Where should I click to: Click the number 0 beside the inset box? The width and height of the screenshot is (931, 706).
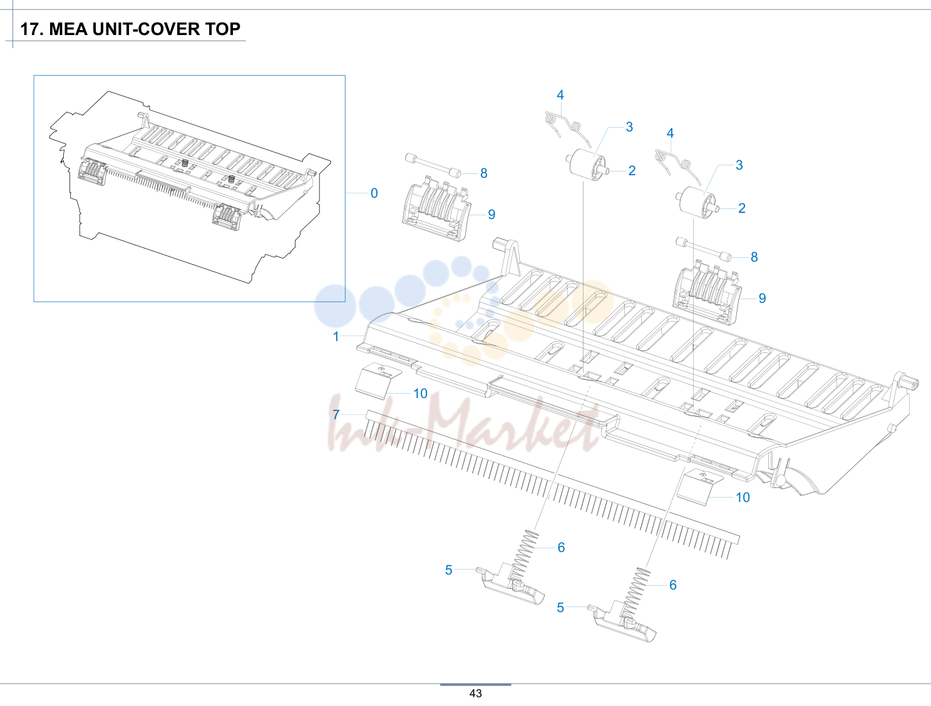(374, 193)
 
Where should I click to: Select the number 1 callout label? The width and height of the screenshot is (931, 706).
(336, 337)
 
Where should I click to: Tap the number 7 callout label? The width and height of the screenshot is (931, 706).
(336, 414)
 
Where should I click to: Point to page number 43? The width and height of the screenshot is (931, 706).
(475, 693)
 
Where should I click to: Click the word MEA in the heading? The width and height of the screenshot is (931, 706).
(68, 29)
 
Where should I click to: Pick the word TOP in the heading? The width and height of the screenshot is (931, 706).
(223, 29)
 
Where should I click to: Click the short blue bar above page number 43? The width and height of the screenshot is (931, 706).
(475, 684)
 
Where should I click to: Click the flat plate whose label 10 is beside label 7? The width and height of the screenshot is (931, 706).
(378, 381)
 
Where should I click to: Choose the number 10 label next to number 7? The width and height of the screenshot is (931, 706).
(420, 394)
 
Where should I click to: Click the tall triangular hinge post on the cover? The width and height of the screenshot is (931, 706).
(510, 258)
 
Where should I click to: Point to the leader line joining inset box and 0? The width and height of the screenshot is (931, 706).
(357, 193)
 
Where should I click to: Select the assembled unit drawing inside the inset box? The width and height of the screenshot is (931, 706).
(190, 187)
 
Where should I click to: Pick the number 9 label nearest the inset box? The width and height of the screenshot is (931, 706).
(491, 215)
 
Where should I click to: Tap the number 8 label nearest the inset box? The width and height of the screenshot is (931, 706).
(483, 173)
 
